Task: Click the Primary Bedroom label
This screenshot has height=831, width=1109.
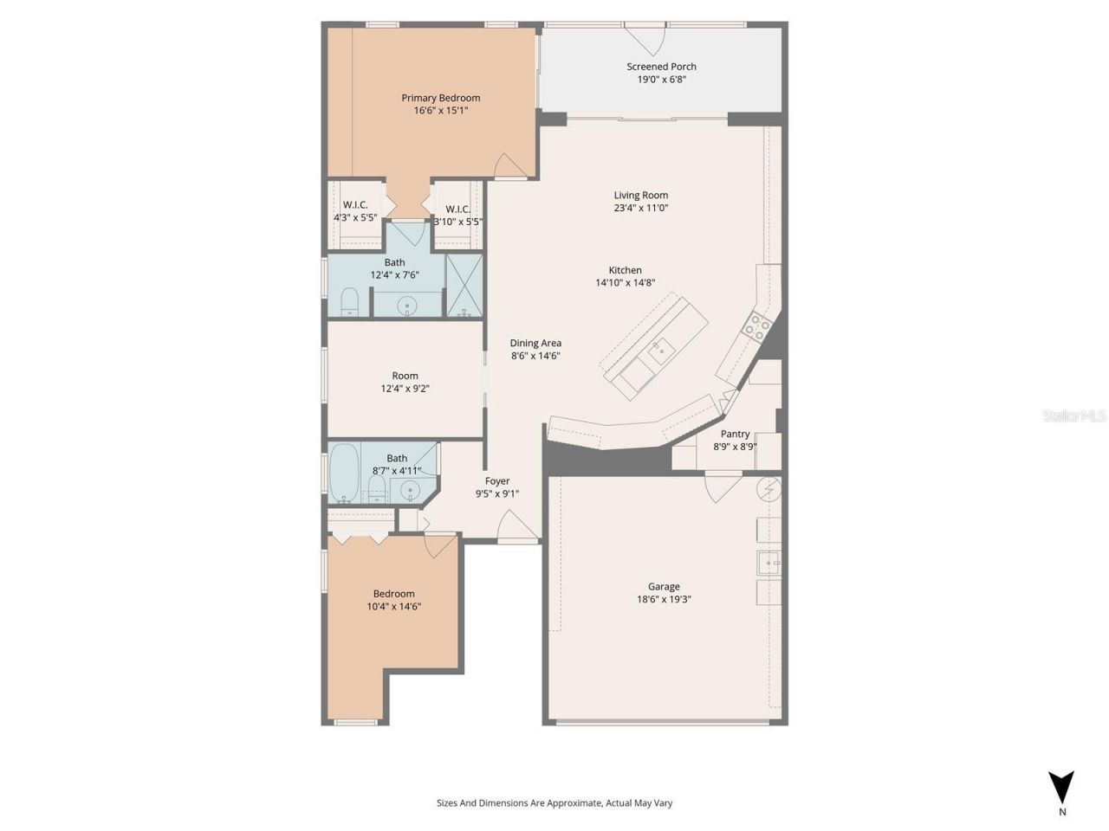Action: pos(440,98)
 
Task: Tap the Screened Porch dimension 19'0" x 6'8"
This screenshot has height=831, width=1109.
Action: pos(661,80)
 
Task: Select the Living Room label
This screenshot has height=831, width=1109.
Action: pos(641,196)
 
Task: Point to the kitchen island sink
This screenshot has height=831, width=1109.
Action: pos(661,349)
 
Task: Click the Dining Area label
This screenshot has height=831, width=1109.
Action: pos(535,344)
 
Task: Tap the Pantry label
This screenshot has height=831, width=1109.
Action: pos(735,435)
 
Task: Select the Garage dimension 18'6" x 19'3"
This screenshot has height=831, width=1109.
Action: pos(664,599)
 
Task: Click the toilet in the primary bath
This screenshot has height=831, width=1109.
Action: pos(350,301)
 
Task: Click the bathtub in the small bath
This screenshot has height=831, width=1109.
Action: pos(344,473)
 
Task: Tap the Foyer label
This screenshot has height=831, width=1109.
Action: pos(497,481)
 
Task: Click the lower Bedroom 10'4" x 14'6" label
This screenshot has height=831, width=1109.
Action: pos(393,594)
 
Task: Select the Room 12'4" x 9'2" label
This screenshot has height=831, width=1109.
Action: pos(405,376)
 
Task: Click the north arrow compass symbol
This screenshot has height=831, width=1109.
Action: pos(1060,788)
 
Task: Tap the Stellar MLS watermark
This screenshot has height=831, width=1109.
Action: pos(1074,416)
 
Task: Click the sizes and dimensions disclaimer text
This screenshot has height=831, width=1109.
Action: pos(554,803)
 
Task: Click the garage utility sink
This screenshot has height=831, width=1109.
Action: pos(769,564)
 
